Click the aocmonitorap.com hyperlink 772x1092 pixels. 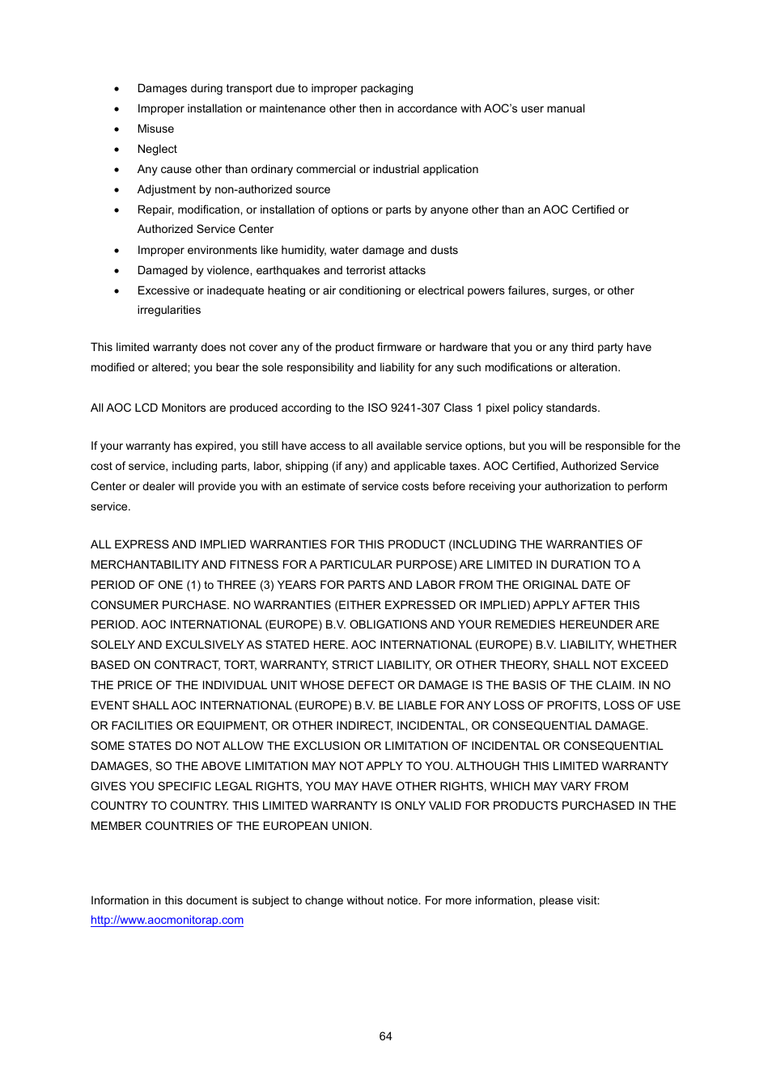coord(167,920)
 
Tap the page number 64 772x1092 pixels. coord(385,1036)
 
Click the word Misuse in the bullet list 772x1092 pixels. coord(155,129)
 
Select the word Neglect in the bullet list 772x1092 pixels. coord(157,149)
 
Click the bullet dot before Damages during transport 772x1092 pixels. coord(117,89)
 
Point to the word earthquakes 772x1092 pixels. coord(287,270)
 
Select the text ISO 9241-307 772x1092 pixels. coord(405,408)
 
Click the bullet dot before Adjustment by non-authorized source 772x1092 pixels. coord(117,190)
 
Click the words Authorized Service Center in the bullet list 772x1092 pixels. coord(205,229)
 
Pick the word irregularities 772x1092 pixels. coord(168,310)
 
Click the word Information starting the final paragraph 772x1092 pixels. coord(120,900)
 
